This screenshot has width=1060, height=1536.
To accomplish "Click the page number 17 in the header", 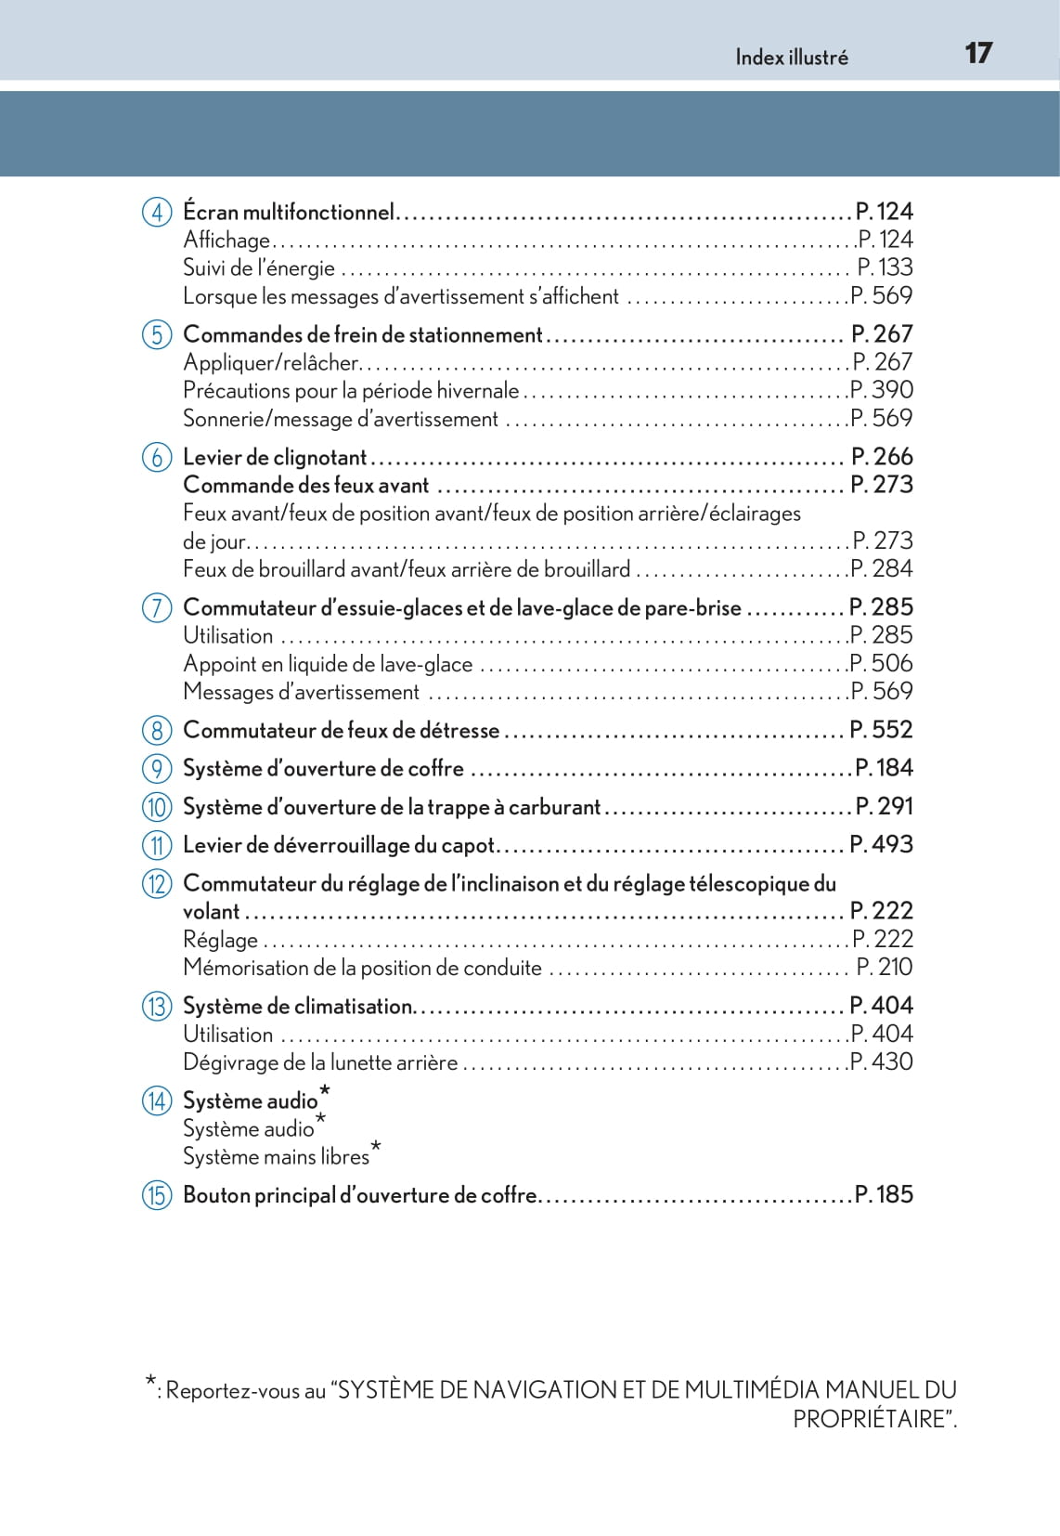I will (x=978, y=53).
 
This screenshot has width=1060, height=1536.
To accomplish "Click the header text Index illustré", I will (x=791, y=58).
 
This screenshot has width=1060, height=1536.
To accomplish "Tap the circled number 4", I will (x=157, y=213).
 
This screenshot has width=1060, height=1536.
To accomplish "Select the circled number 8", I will (x=157, y=731).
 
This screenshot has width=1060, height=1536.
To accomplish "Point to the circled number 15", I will (x=157, y=1195).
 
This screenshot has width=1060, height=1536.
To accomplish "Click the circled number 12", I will (x=157, y=883).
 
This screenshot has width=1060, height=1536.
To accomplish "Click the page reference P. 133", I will (x=885, y=267).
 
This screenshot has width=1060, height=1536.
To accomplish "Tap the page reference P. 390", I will (x=882, y=390).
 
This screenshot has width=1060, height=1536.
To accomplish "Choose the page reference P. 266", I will (x=882, y=457).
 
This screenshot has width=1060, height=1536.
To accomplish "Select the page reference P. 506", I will (x=882, y=663).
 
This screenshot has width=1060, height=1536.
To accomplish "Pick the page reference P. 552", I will (x=881, y=730).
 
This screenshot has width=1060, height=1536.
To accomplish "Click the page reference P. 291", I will (x=884, y=806).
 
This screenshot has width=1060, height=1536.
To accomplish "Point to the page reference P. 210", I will (x=885, y=967).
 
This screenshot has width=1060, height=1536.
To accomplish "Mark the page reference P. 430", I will (x=882, y=1061).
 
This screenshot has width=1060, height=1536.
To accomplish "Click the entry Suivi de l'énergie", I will (x=259, y=268).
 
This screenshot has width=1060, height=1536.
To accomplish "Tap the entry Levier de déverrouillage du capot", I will (x=339, y=845).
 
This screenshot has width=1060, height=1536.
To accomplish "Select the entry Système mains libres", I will (x=276, y=1157).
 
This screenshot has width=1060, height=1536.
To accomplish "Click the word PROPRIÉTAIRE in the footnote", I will (x=872, y=1419).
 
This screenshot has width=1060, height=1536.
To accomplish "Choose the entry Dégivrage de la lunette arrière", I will (x=320, y=1062).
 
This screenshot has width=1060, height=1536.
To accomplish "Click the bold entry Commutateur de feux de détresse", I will (x=342, y=731).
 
